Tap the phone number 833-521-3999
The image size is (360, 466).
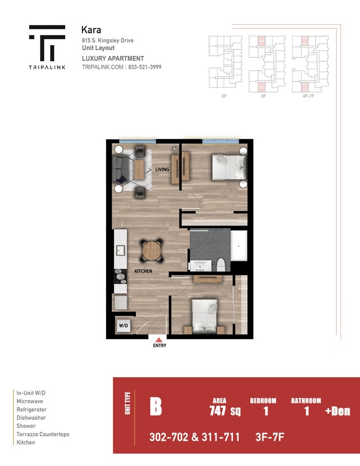[x=145, y=67]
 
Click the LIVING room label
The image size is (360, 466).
[x=162, y=170]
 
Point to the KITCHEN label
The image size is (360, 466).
[x=143, y=272]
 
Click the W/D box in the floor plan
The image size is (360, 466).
[x=123, y=326]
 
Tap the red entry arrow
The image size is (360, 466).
[x=159, y=340]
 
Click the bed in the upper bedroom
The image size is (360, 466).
[x=229, y=167]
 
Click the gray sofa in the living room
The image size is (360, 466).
[x=120, y=170]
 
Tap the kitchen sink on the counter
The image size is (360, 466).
[x=120, y=251]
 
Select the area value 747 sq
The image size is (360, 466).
[x=225, y=411]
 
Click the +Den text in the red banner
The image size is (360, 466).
[x=337, y=411]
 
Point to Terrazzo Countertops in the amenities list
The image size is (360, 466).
[x=43, y=435]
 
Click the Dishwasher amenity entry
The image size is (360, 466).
[x=31, y=418]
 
